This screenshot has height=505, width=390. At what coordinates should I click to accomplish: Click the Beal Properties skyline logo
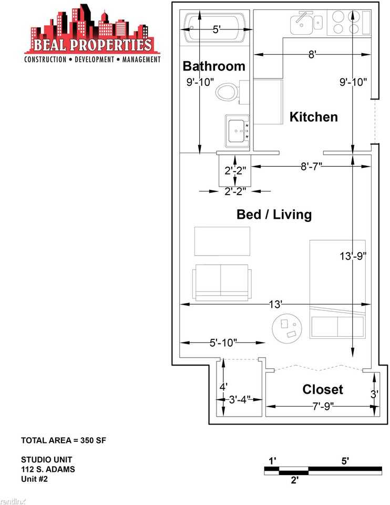93,34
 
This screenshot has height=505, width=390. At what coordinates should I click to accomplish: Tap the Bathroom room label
214,66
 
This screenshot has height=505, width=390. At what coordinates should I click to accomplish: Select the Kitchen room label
314,117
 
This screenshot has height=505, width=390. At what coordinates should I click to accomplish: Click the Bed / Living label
274,215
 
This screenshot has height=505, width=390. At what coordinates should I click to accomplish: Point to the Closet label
322,389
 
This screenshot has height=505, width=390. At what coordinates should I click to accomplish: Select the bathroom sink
237,131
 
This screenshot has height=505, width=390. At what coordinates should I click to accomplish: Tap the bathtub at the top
214,27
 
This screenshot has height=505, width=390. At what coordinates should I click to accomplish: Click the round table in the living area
286,328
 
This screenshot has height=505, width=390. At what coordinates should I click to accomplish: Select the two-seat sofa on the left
222,282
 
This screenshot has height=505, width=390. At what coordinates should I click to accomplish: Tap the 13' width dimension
275,304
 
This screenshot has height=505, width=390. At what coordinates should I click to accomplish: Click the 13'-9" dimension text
353,256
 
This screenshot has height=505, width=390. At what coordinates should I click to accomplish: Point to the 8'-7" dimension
311,167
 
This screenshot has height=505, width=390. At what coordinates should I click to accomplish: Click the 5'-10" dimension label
223,342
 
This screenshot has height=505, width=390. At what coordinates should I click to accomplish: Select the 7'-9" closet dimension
323,407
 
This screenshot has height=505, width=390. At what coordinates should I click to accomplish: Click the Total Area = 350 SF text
64,440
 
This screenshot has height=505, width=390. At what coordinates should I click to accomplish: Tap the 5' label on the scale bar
345,461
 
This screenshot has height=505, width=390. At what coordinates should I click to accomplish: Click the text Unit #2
35,479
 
